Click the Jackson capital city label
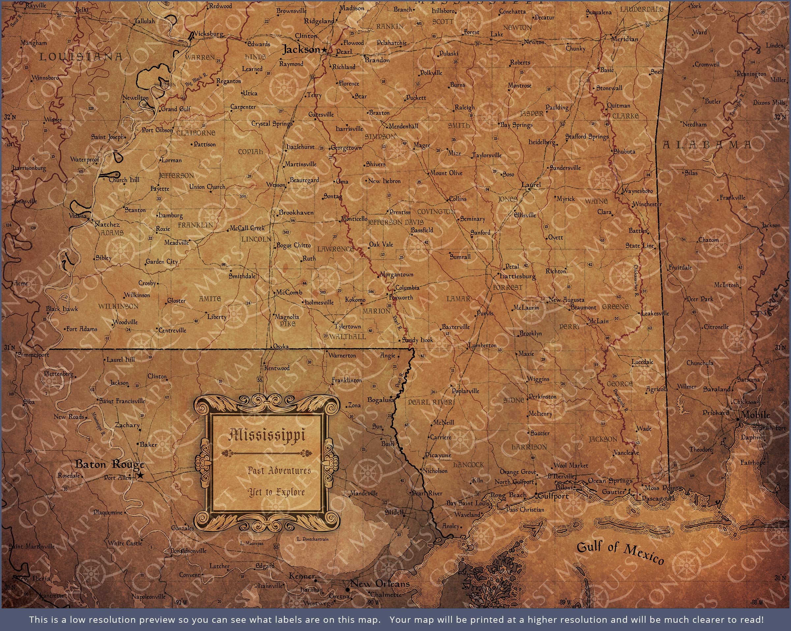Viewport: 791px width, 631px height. click(301, 50)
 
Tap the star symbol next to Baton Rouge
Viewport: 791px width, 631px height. click(140, 475)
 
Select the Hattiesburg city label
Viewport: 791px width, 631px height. click(518, 276)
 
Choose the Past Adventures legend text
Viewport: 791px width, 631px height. click(279, 471)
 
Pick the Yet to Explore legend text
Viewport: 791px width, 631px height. click(276, 492)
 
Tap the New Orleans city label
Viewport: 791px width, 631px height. click(380, 583)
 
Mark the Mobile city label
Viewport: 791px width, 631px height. click(755, 415)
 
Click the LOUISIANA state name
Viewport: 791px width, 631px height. click(81, 57)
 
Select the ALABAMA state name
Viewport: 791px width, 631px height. click(707, 145)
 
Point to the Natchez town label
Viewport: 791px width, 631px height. click(107, 224)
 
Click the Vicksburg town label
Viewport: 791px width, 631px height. click(208, 34)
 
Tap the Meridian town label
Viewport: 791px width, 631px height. click(625, 39)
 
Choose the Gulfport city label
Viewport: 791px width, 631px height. click(553, 496)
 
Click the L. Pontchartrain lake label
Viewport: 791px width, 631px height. click(312, 539)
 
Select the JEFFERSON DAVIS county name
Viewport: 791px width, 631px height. click(395, 222)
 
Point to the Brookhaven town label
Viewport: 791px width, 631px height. click(296, 213)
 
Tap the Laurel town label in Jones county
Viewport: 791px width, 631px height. click(531, 185)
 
